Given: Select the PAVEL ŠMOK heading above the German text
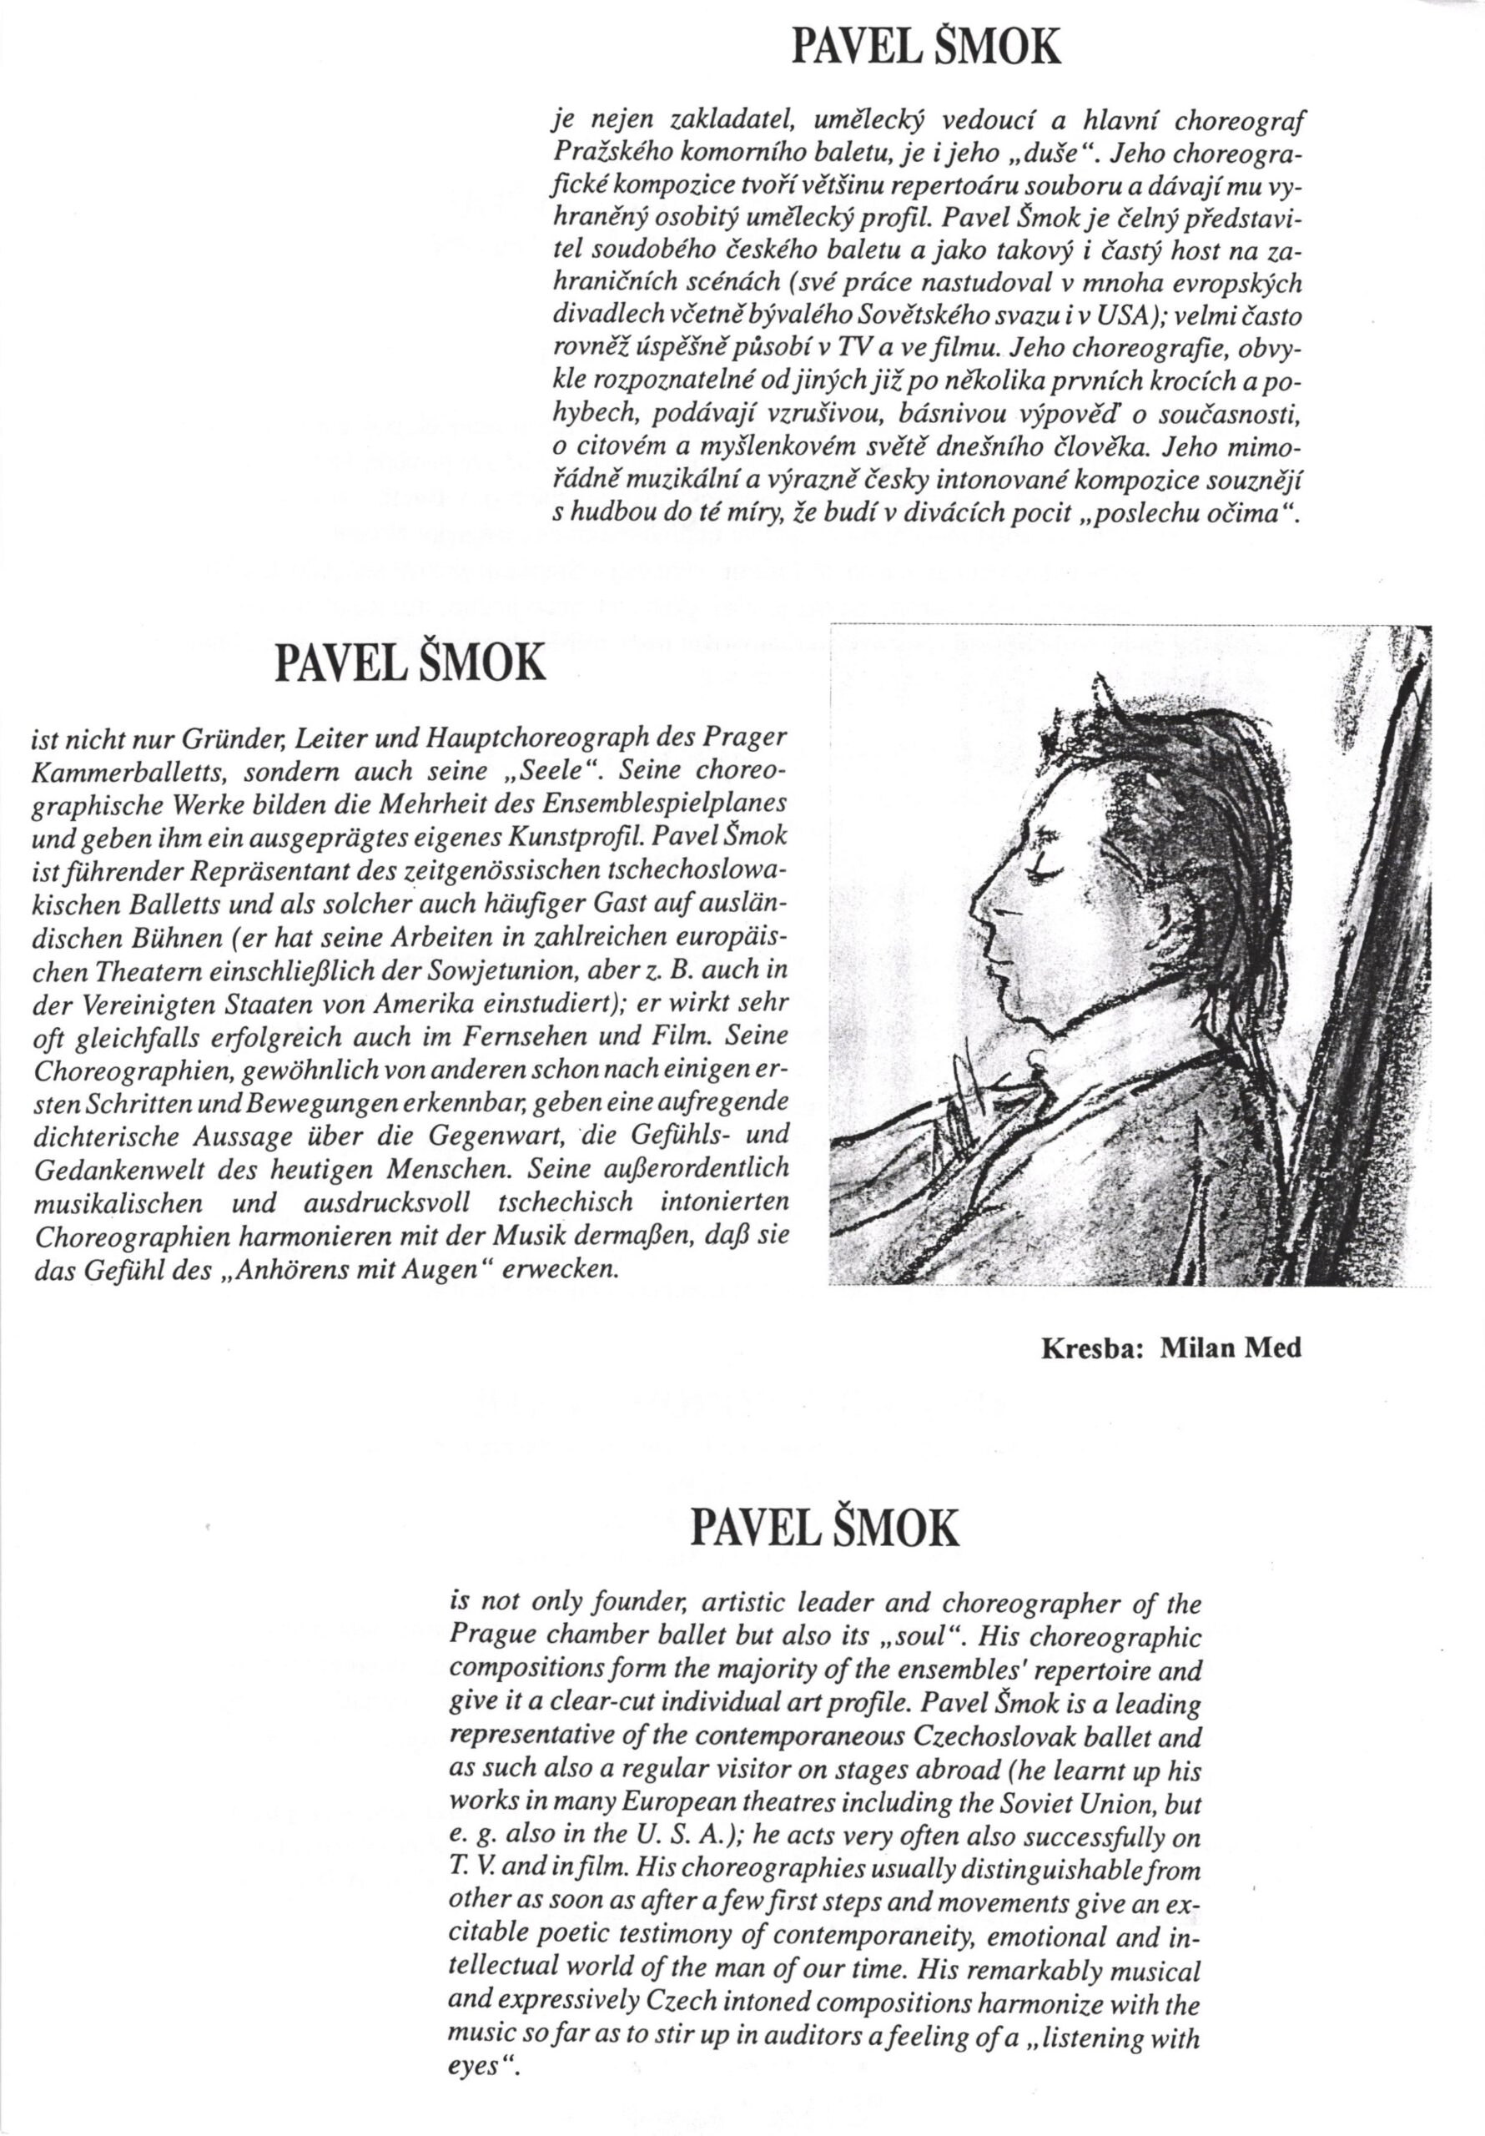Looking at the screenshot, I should tap(407, 663).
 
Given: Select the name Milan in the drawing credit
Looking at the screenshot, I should tap(1195, 1348).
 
